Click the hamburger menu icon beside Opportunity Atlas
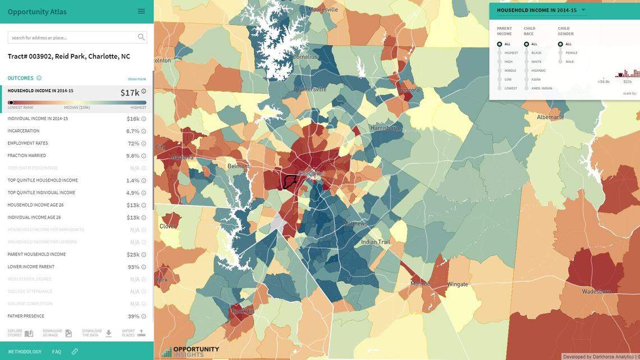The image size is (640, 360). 141,11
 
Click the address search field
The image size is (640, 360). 72,38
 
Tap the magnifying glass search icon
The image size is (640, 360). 141,38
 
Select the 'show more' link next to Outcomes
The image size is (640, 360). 136,79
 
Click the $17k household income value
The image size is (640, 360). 130,93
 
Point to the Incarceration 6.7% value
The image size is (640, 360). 132,131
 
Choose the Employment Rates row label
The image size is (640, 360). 28,143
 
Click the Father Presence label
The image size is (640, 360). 26,316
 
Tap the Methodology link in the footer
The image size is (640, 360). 25,352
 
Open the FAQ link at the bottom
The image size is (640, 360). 57,352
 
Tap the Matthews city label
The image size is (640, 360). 355,224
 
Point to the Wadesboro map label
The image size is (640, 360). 596,291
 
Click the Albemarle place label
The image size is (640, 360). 550,117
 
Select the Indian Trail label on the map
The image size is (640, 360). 376,242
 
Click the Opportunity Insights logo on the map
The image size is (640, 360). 191,352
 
